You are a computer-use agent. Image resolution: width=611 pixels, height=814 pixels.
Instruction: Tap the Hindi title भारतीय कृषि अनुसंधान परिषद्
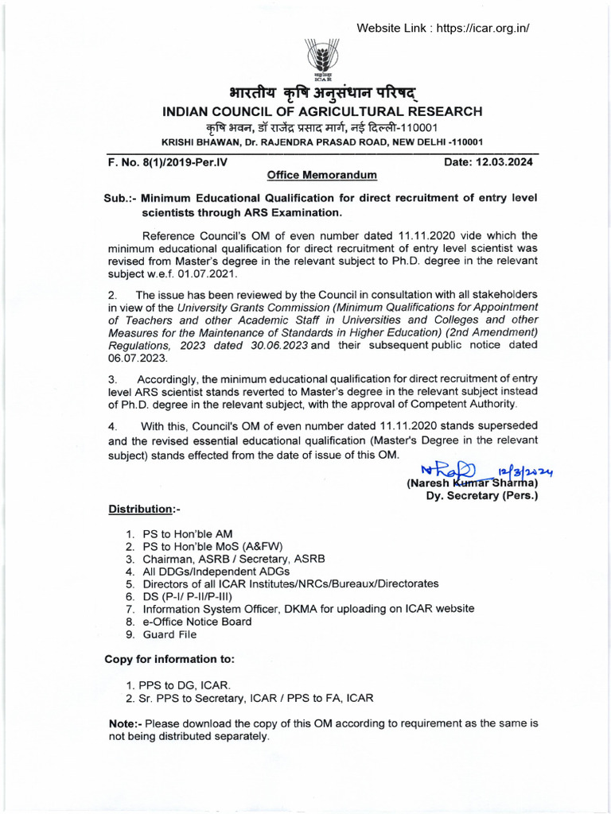[322, 92]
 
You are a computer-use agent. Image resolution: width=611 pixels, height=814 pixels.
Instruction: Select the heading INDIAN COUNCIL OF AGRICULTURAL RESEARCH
[322, 112]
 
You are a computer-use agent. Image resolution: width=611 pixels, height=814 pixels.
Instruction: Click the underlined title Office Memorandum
[322, 175]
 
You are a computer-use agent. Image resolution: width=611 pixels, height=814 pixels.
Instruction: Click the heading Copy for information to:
[169, 659]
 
